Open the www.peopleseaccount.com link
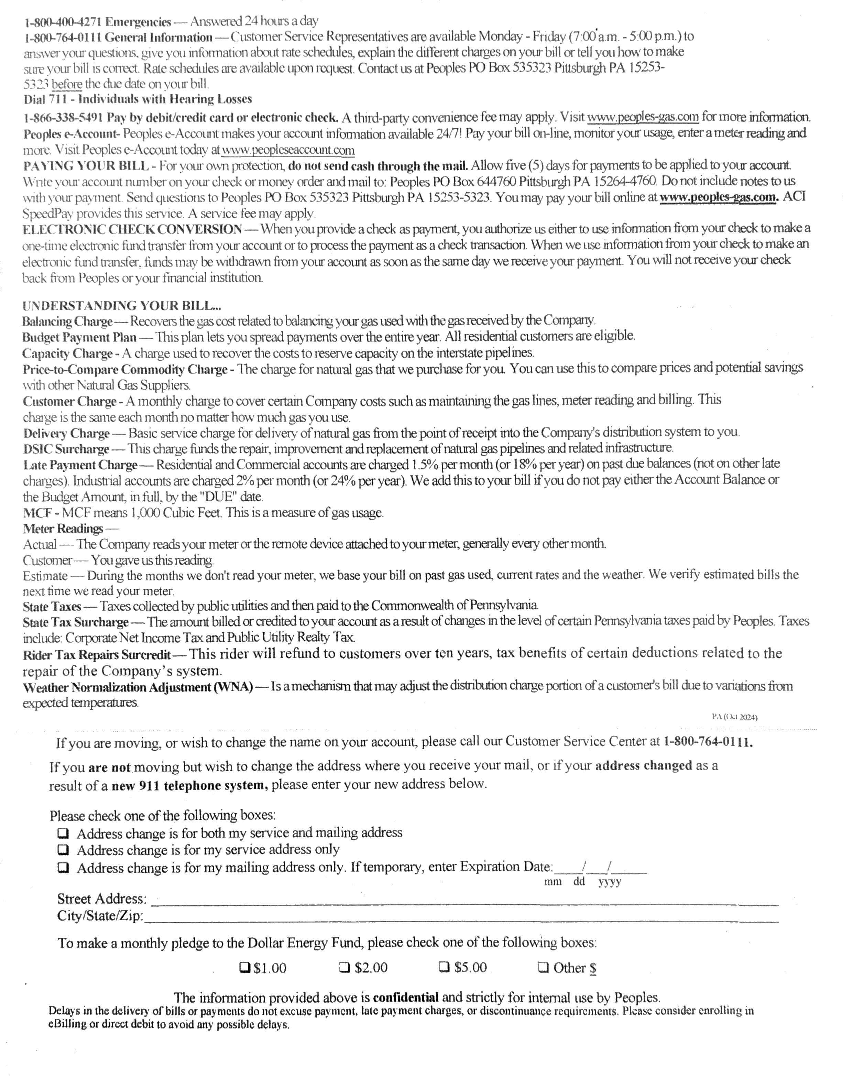coord(288,150)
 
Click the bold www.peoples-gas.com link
coord(719,197)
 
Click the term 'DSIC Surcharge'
coord(66,449)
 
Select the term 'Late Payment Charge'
coord(80,465)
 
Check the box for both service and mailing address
coord(63,834)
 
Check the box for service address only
coord(63,850)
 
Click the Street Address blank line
coord(464,902)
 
